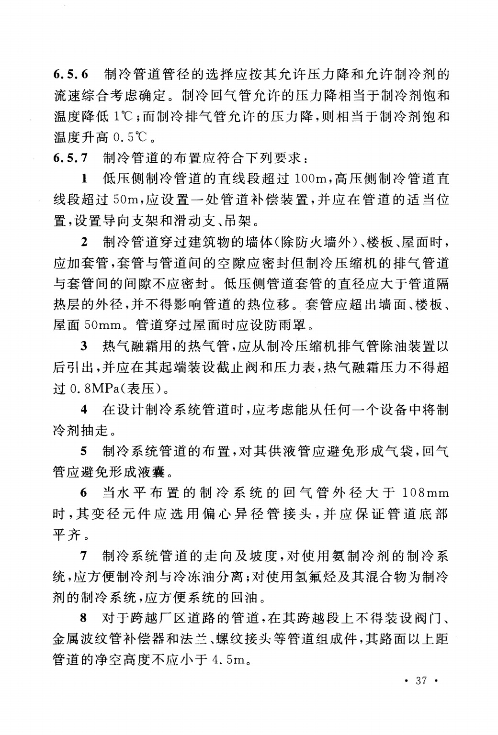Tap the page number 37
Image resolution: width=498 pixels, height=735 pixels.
tap(421, 680)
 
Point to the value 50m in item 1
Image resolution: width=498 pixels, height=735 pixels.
tap(126, 200)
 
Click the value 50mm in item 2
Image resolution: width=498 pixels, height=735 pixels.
tap(106, 326)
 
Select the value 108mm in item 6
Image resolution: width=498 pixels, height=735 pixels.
tap(424, 492)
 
